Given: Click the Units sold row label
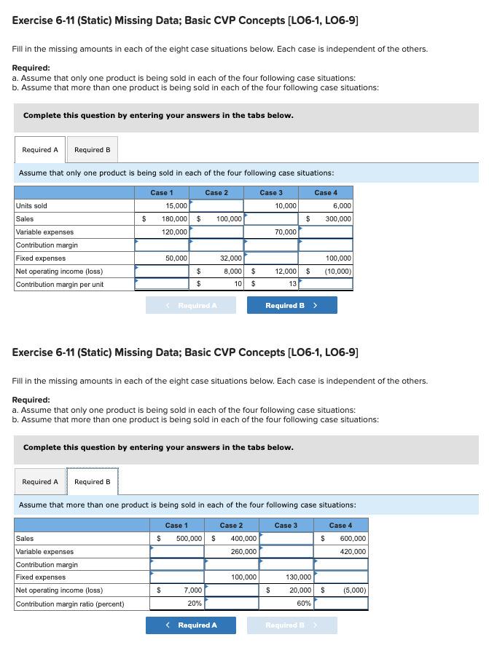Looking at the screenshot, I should pos(31,206).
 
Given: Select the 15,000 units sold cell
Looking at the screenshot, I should pos(162,206).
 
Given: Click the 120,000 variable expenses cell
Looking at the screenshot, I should pos(162,232).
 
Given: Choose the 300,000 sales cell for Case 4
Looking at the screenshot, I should pos(332,219).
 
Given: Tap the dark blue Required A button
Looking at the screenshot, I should pos(191,625).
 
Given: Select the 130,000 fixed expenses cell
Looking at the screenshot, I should pos(286,577).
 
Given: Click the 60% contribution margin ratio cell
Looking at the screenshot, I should pos(286,604).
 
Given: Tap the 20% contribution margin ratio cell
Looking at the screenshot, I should pos(177,604).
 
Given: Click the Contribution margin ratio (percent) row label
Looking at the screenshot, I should pos(70,604).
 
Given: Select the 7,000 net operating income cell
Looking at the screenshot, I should pos(177,590).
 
